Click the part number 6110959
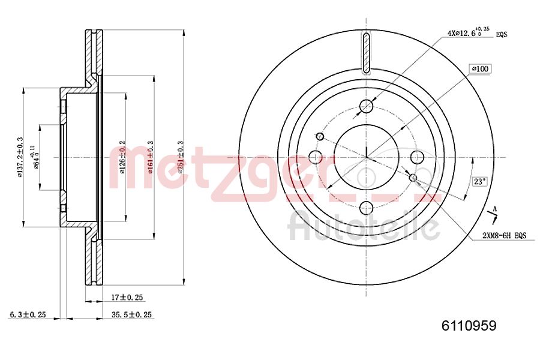click(x=469, y=326)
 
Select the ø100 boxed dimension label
click(x=481, y=69)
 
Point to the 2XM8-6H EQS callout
click(x=504, y=236)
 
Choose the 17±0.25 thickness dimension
click(x=127, y=297)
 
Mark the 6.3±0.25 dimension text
click(x=28, y=314)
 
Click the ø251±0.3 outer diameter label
click(x=181, y=158)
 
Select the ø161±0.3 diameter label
click(x=151, y=158)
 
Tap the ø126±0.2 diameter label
click(x=122, y=158)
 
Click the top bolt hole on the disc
click(x=366, y=107)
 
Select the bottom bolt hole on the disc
click(x=366, y=208)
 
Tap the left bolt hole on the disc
click(x=316, y=157)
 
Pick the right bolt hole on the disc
click(x=417, y=157)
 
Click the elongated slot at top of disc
click(x=366, y=52)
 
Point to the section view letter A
click(x=494, y=209)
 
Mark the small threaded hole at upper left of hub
click(x=320, y=137)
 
